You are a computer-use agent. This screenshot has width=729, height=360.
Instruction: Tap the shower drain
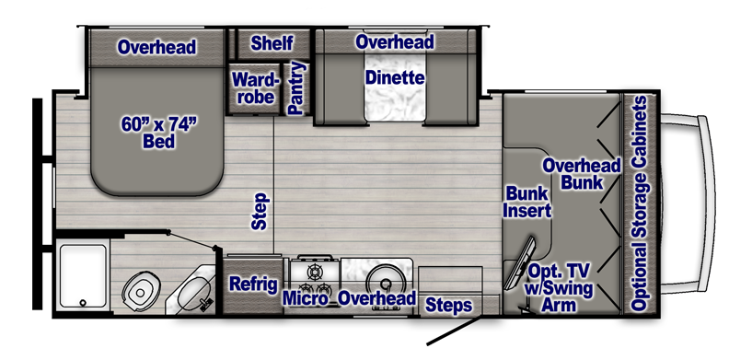(83, 302)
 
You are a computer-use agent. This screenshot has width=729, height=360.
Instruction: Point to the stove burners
(315, 278)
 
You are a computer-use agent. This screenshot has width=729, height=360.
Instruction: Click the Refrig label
(253, 285)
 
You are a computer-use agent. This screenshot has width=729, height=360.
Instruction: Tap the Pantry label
(296, 87)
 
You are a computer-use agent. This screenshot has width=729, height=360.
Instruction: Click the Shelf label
(272, 42)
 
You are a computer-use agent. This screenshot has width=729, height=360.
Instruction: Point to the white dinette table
(395, 87)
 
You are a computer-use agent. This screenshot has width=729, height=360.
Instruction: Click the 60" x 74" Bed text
(159, 132)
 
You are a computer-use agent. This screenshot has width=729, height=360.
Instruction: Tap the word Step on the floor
(260, 211)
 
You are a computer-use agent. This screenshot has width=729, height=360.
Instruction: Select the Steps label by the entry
(448, 306)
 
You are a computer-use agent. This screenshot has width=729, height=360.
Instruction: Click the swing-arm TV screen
(520, 263)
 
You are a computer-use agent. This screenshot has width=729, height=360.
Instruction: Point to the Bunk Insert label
(527, 202)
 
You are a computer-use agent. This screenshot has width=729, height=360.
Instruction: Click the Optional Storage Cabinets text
(640, 203)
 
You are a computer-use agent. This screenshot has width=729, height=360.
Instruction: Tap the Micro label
(306, 298)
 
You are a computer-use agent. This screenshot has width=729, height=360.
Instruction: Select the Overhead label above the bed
(156, 47)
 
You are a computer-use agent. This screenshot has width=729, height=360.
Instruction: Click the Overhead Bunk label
(582, 173)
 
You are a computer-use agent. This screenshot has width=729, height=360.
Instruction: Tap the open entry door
(455, 331)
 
